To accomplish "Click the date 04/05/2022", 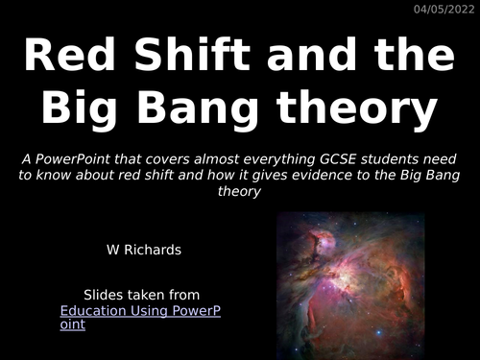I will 444,10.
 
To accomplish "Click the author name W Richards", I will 141,250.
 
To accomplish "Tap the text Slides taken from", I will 141,295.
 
